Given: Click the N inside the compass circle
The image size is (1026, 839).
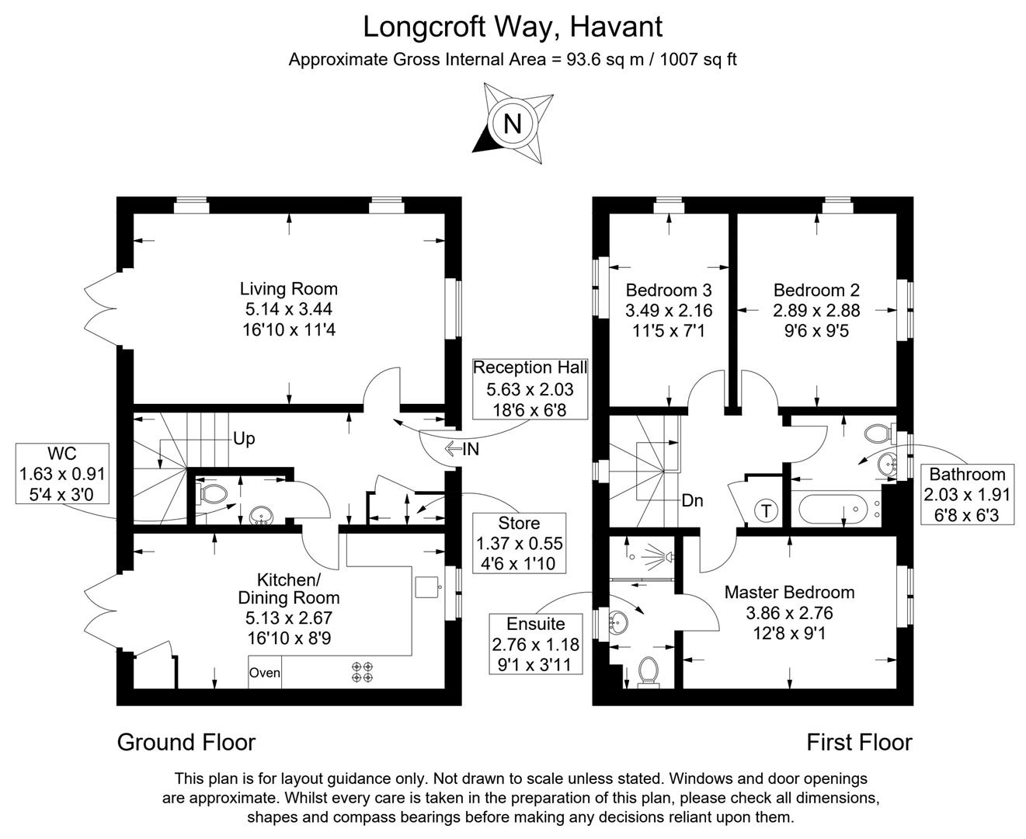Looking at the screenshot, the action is pos(513,124).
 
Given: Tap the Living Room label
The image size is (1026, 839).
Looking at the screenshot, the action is pos(288,288).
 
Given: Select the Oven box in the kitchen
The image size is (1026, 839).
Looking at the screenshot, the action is pos(265,672).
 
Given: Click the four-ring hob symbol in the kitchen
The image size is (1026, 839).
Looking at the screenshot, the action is pos(363,672).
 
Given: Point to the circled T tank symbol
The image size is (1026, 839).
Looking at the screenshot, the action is pos(766,511).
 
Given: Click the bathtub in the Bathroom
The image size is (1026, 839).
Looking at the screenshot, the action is pos(833,509).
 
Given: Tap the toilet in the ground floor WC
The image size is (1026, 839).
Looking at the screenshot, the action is pos(212,494).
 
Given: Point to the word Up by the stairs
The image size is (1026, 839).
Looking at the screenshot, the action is pos(244,439).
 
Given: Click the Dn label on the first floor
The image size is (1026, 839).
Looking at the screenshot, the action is pos(692,500).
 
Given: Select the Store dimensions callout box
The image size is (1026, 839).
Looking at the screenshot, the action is pos(519,542).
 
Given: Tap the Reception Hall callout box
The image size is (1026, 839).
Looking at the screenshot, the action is pos(530,389).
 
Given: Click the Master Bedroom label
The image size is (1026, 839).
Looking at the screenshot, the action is pos(789,592).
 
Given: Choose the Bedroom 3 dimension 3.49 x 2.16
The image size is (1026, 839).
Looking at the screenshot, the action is pos(669,311).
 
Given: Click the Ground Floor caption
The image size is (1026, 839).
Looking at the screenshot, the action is pos(186,743).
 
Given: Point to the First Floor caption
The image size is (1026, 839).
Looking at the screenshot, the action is pos(859,743).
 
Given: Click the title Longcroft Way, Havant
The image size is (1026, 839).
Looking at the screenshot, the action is pos(513,26).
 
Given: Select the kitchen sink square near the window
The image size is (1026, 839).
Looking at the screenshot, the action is pos(426,587).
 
